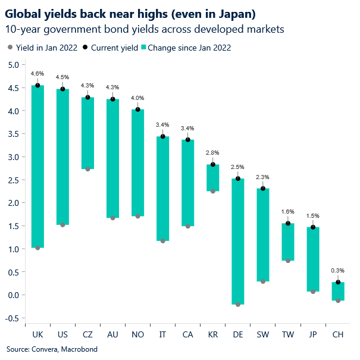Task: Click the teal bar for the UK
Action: point(37,167)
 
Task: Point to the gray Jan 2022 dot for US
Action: point(62,225)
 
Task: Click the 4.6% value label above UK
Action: point(37,74)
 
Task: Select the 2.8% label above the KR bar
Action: point(213,153)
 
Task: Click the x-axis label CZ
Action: point(87,336)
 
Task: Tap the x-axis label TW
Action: point(288,336)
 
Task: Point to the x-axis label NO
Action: point(138,336)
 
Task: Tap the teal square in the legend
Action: point(143,47)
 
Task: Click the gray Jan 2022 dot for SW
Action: point(263,281)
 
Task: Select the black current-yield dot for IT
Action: point(163,136)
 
